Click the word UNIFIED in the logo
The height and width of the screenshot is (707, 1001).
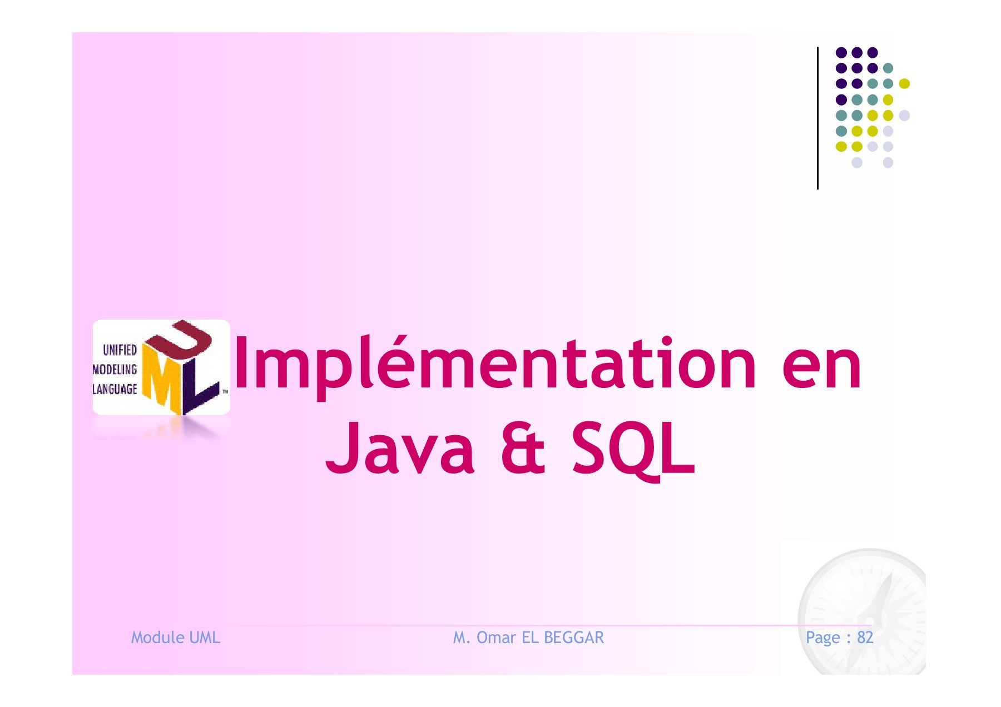pyautogui.click(x=120, y=350)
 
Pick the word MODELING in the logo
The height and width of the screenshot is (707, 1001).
pyautogui.click(x=115, y=369)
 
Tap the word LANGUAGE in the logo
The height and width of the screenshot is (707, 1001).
pyautogui.click(x=115, y=389)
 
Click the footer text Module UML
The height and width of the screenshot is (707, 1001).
pyautogui.click(x=175, y=638)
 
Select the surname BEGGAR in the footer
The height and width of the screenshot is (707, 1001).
pyautogui.click(x=573, y=638)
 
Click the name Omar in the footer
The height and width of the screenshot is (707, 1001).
pyautogui.click(x=496, y=638)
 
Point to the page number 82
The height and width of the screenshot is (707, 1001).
pyautogui.click(x=865, y=638)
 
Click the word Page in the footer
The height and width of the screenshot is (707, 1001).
pyautogui.click(x=823, y=638)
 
